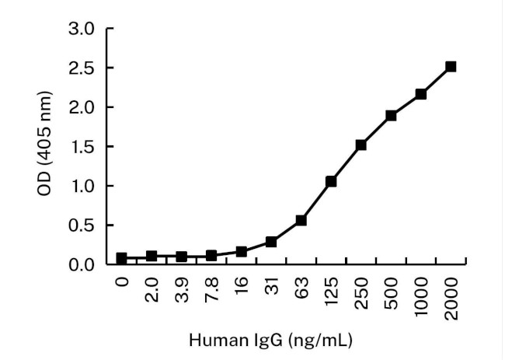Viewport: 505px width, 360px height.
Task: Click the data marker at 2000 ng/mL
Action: point(451,67)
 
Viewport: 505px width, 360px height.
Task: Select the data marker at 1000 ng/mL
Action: point(420,94)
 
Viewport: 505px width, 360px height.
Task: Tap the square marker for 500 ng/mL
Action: point(391,116)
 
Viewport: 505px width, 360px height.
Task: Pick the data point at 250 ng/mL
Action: point(360,145)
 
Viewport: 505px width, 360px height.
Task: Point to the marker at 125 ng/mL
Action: point(331,181)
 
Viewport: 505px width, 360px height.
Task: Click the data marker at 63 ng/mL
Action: point(301,220)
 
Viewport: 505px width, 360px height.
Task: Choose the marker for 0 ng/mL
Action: point(121,257)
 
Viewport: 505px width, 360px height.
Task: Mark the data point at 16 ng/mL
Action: point(241,251)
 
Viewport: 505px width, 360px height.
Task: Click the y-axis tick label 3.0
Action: point(82,29)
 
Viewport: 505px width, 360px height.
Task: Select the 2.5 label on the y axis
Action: point(82,68)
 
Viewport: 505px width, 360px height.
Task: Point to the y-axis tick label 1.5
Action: point(82,147)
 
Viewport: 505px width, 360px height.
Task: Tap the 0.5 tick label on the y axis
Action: point(82,225)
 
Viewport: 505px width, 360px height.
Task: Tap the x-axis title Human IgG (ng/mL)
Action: point(272,340)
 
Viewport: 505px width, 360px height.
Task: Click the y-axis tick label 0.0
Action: point(82,264)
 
